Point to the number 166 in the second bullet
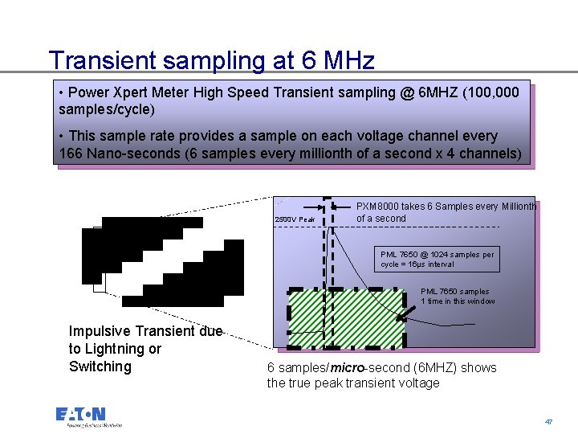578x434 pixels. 72,153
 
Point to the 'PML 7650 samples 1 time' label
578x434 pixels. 458,297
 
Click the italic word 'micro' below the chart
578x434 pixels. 347,368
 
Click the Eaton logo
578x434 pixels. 88,416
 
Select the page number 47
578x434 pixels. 548,421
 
